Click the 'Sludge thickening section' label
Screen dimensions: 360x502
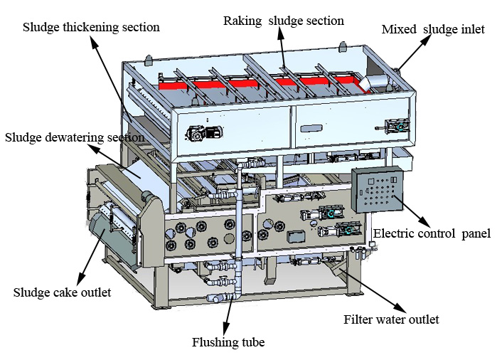coord(91,28)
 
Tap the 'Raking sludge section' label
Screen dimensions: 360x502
coord(283,21)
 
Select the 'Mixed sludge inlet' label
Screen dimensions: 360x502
coord(433,29)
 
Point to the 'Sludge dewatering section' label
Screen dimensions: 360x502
coord(74,137)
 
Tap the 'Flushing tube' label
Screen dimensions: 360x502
coord(228,342)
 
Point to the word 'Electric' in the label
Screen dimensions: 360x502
coord(393,233)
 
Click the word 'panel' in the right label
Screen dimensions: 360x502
coord(476,233)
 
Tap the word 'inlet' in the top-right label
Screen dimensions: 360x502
coord(472,29)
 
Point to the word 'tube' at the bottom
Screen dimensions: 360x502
coord(252,342)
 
